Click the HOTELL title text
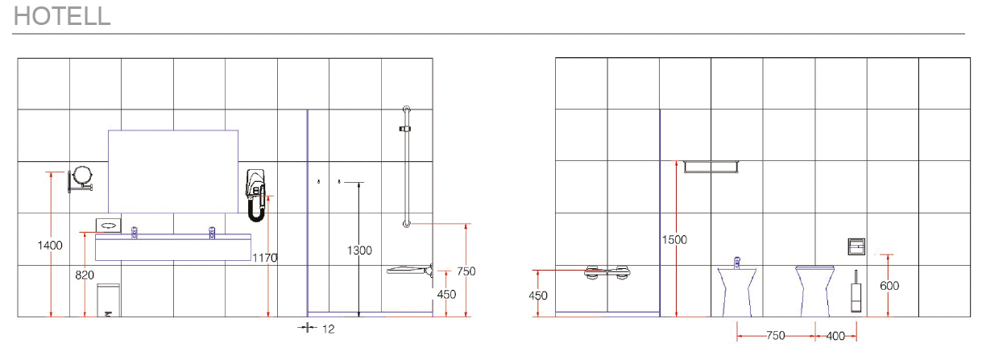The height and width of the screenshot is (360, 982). click(x=62, y=16)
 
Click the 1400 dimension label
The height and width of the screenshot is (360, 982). click(x=50, y=245)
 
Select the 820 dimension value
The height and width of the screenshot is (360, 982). click(x=85, y=275)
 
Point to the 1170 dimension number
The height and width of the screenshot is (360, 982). click(x=265, y=258)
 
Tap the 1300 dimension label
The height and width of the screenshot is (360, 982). click(x=359, y=250)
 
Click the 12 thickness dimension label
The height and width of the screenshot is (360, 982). click(x=329, y=329)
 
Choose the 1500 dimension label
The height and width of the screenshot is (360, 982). click(x=674, y=240)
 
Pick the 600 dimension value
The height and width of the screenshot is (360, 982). click(x=889, y=286)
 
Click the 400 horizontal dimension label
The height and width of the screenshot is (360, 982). click(x=835, y=337)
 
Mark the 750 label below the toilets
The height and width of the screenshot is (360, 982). click(x=776, y=336)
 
